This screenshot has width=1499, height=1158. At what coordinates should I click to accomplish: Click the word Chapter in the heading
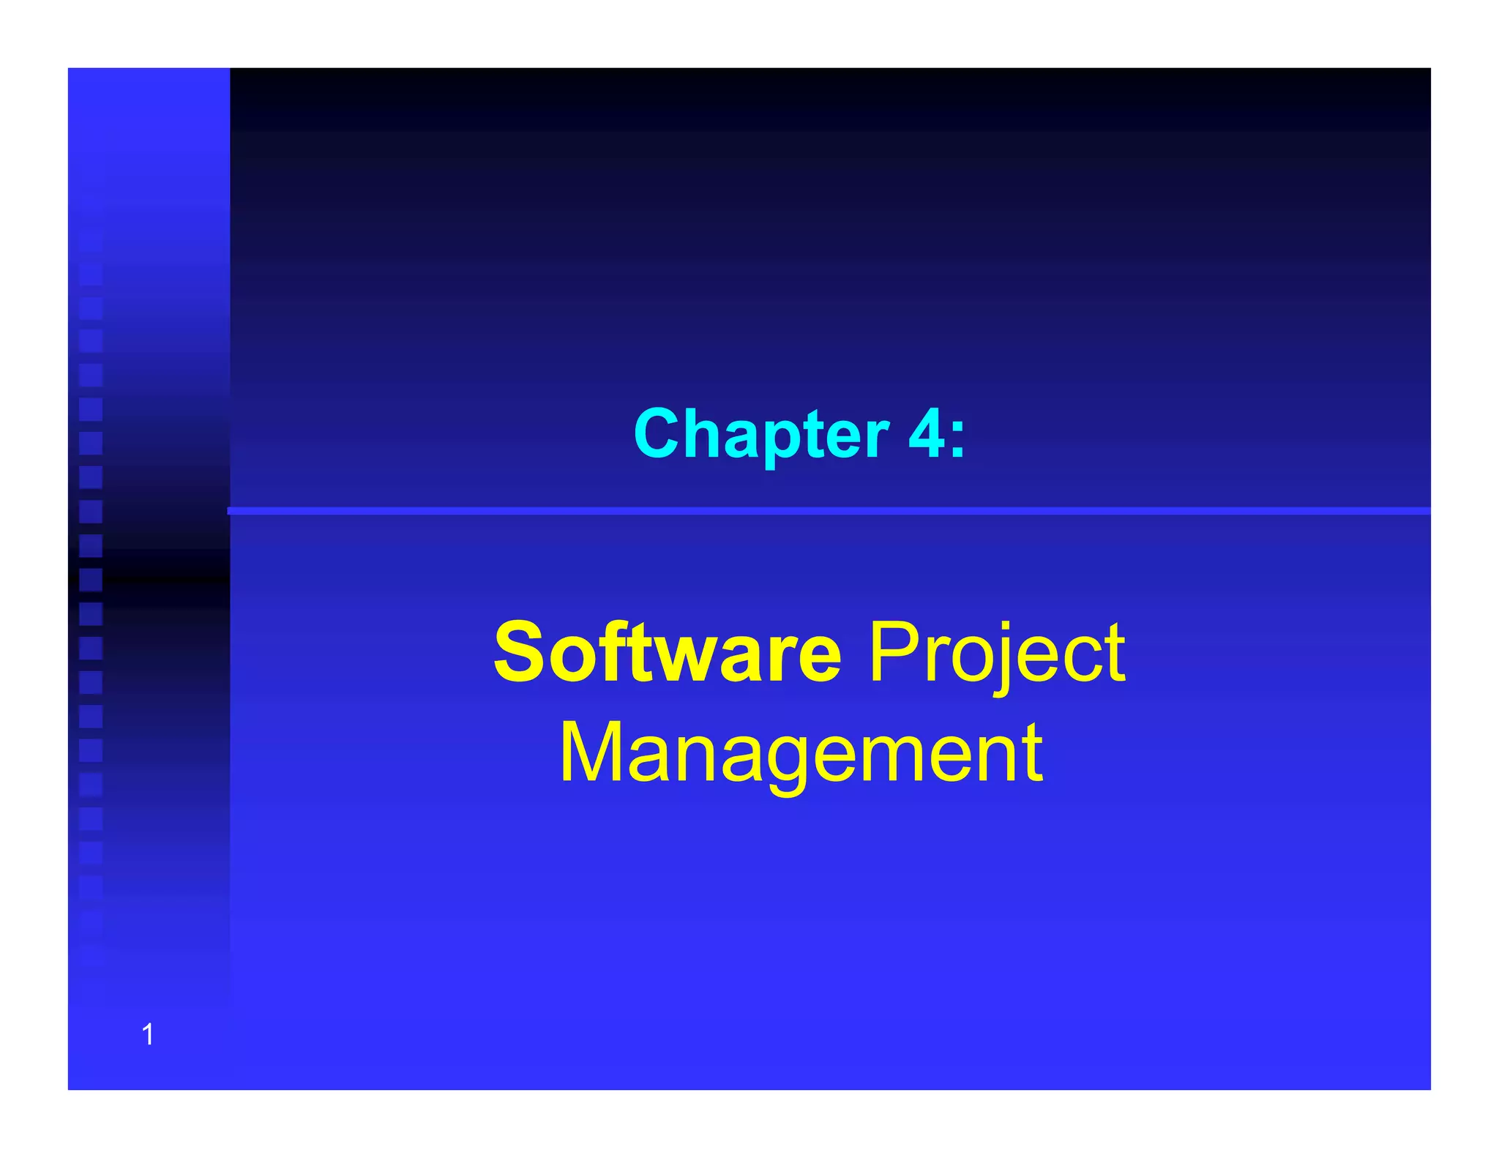click(x=761, y=434)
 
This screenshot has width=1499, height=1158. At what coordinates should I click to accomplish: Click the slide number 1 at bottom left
click(x=148, y=1034)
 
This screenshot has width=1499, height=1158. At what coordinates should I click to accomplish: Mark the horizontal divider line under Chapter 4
click(x=827, y=510)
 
